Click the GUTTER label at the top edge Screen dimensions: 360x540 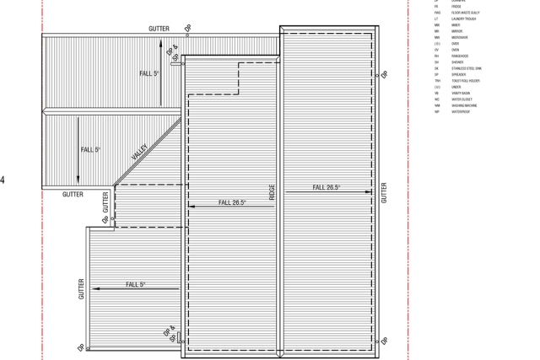159,29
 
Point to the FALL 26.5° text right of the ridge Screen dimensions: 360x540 327,187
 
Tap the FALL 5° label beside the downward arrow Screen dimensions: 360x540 90,149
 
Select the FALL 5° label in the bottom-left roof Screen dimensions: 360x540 136,284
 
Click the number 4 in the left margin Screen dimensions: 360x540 3,179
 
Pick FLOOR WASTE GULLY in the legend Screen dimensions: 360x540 467,13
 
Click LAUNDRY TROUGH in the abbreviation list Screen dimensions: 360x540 464,19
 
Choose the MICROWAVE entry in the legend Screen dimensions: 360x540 461,37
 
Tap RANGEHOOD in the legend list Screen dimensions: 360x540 461,56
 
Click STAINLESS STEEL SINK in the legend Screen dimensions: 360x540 467,67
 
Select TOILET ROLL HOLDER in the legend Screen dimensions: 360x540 466,80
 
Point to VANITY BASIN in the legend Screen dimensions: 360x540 462,92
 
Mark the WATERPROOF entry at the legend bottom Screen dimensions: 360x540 461,110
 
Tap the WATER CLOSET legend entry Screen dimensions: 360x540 462,99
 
